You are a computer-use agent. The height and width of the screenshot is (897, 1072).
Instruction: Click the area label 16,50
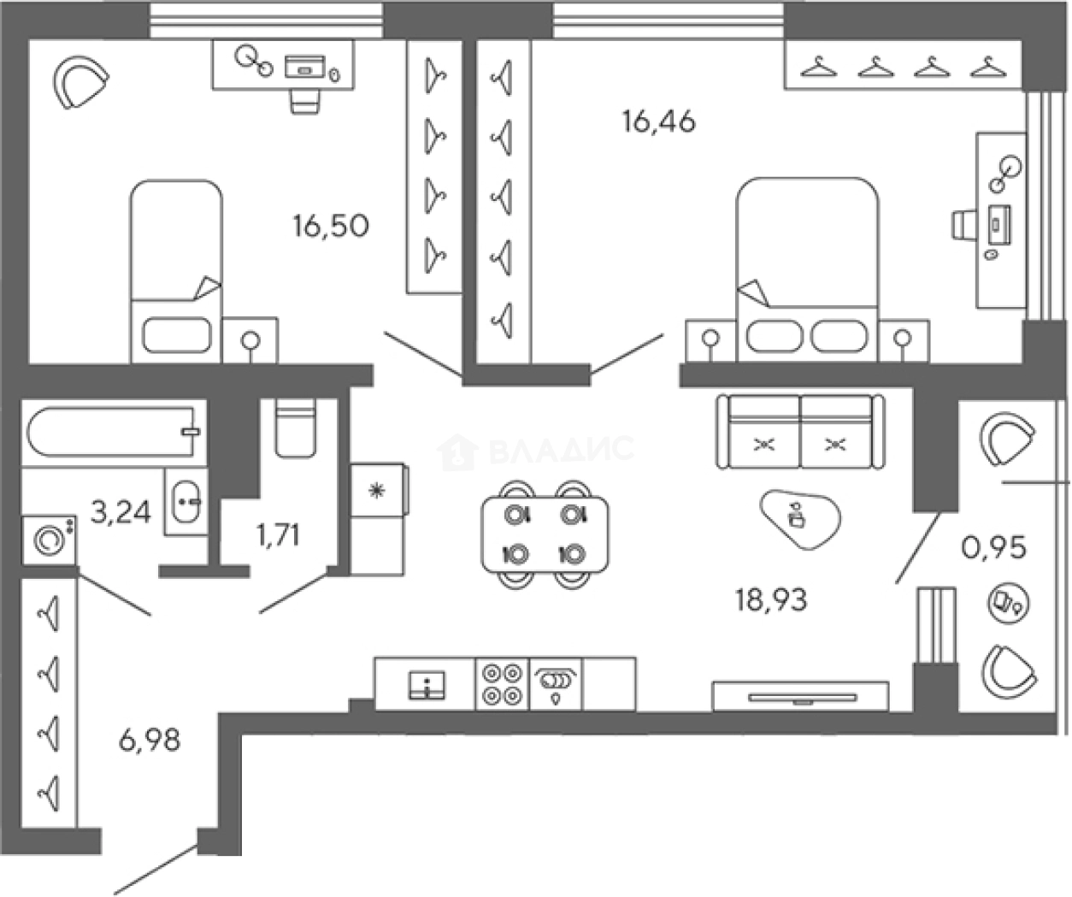pos(330,227)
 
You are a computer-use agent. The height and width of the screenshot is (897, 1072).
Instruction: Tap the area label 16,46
pos(658,122)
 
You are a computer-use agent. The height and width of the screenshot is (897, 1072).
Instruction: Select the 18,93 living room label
pos(771,600)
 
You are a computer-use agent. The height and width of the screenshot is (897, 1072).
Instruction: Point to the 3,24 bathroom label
pos(121,512)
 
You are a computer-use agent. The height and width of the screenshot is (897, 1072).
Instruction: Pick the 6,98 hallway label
pos(150,738)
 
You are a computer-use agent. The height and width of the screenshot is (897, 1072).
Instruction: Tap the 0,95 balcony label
pos(994,547)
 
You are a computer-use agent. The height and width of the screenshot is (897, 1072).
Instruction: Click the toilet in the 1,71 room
pos(296,428)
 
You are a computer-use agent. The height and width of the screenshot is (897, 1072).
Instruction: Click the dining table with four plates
pos(545,534)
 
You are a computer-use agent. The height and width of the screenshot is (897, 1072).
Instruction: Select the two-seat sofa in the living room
pos(800,431)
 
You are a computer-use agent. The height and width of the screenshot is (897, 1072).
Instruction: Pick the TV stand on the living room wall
pos(800,696)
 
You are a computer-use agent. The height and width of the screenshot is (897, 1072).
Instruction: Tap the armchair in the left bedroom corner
pos(81,82)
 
